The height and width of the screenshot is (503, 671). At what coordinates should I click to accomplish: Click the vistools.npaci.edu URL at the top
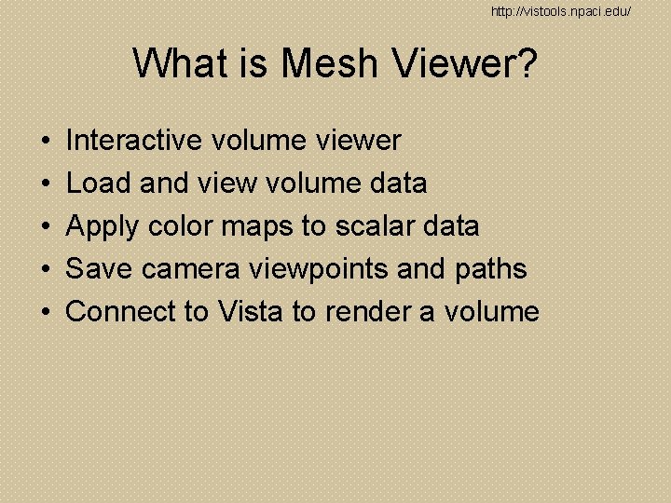point(561,11)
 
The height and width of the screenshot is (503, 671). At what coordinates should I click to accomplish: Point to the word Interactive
point(134,141)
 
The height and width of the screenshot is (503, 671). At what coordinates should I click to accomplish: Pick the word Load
point(99,184)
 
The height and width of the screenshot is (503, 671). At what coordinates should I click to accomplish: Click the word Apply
point(102,227)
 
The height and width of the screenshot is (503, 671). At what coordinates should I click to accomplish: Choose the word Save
point(100,269)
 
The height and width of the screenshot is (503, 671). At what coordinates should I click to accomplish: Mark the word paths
point(491,269)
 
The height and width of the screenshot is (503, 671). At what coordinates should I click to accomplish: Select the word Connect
point(124,311)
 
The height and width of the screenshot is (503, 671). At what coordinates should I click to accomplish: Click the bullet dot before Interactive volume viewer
point(46,142)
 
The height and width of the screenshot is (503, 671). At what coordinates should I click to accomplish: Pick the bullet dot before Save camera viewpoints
point(46,270)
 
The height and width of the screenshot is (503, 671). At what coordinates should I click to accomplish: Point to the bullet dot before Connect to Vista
point(46,312)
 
